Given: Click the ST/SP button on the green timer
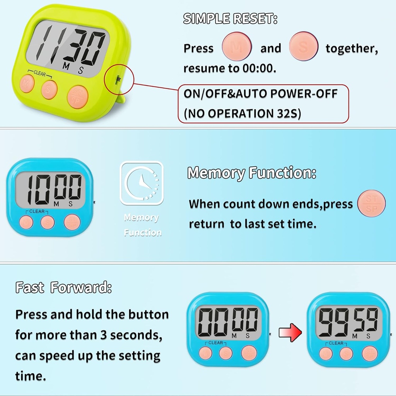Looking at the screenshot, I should click(77, 97).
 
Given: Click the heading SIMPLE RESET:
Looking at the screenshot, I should click(230, 19).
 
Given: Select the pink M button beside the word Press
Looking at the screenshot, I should click(237, 47).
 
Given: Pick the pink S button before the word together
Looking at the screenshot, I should click(304, 47).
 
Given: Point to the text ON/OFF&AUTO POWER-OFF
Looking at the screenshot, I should click(261, 94).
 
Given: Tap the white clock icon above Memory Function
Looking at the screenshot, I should click(142, 183).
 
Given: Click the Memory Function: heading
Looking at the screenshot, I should click(251, 173).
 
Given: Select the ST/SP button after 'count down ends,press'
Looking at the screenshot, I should click(371, 203).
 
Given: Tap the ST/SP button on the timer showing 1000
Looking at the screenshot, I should click(72, 222).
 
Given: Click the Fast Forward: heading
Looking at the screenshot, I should click(63, 288).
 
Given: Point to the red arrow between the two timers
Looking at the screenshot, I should click(290, 332).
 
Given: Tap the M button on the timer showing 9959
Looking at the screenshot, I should click(326, 353).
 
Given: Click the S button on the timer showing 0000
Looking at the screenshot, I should click(226, 353).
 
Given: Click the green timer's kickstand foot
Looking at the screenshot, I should click(121, 100).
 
